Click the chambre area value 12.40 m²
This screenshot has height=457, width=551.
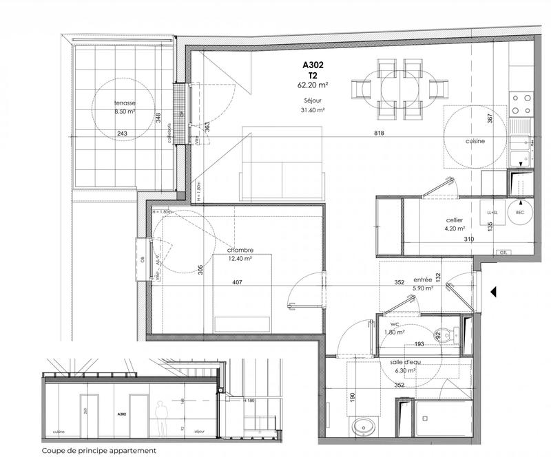[241, 259]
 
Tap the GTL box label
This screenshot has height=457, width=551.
[505, 253]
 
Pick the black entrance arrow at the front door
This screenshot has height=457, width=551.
[492, 292]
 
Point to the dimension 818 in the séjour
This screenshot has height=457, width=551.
[378, 133]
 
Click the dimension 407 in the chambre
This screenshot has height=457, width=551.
[237, 281]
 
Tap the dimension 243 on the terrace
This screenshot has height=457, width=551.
[122, 134]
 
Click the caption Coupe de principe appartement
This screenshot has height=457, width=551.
[98, 451]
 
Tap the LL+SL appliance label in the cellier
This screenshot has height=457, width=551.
[492, 213]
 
